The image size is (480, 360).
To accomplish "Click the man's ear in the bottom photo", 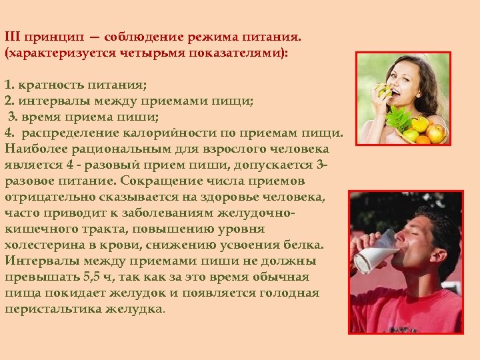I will point(437,239).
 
